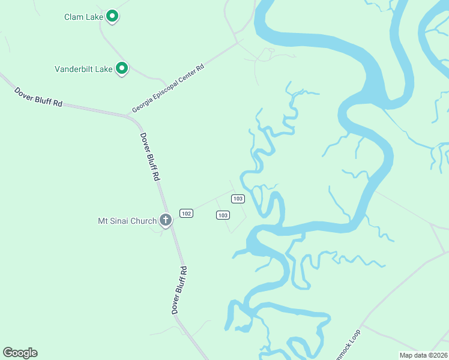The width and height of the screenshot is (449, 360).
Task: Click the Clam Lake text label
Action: [x=84, y=17]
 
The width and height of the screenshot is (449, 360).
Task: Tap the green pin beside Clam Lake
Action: [x=112, y=16]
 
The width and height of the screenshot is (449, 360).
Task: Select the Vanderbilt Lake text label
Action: [x=83, y=69]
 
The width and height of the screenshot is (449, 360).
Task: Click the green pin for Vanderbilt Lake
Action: [x=122, y=69]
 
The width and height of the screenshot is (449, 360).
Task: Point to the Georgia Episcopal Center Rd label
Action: [x=169, y=89]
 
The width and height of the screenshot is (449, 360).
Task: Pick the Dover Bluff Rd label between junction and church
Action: [x=150, y=157]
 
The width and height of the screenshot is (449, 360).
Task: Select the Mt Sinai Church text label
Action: [x=127, y=221]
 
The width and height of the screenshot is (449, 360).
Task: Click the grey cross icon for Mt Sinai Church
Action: [x=166, y=221]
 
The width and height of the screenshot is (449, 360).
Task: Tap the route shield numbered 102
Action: [x=186, y=214]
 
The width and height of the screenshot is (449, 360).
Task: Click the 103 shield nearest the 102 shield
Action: [x=223, y=215]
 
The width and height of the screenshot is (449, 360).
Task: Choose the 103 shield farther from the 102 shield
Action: [x=238, y=199]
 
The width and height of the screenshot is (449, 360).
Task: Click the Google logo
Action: [x=20, y=353]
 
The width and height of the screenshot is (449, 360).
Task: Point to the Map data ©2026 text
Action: [x=423, y=355]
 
